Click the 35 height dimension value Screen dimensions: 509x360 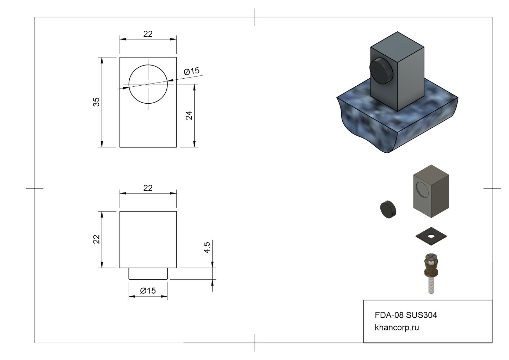coord(96,102)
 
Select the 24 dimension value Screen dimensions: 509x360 coord(189,115)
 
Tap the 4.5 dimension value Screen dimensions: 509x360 coord(207,248)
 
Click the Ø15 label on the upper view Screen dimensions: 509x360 coord(192,71)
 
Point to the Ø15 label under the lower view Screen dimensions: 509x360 coord(148,291)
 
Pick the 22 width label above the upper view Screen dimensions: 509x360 coord(148,34)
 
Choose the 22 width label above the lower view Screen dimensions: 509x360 coord(148,188)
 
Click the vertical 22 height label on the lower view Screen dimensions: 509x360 coord(97,239)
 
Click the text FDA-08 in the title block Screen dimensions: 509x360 coord(389,315)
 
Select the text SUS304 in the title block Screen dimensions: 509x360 coord(422,315)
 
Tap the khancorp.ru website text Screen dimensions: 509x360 coord(397,328)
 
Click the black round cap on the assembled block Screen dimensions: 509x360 coord(381,71)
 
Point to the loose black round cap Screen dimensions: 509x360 coord(388,209)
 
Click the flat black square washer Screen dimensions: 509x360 coord(431,236)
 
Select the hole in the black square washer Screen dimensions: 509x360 coord(431,236)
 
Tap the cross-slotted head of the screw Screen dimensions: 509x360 coord(431,257)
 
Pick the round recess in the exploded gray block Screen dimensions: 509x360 coord(422,190)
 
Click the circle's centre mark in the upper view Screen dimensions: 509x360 coord(148,84)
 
